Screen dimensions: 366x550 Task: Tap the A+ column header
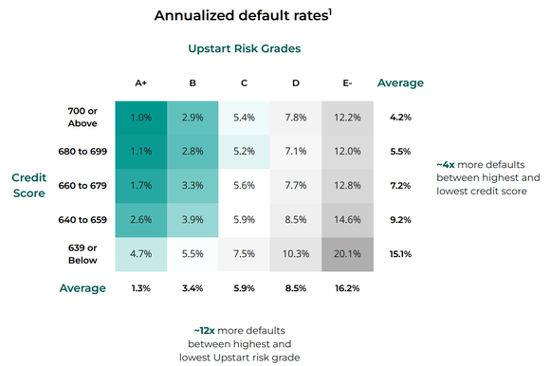pos(140,83)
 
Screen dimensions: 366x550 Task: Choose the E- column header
pos(347,83)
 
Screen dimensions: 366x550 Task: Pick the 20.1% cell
pos(348,254)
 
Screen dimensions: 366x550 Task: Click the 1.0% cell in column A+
pos(141,118)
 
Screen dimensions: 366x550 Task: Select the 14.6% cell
pos(348,220)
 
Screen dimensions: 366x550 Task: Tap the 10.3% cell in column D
pos(296,254)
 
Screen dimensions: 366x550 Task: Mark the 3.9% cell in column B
pos(192,220)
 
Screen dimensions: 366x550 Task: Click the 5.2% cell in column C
pos(245,152)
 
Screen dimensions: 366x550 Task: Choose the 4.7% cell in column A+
pos(141,254)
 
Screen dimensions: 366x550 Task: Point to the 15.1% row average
pos(400,254)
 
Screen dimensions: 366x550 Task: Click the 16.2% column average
pos(348,288)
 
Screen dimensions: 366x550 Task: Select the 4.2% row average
pos(400,118)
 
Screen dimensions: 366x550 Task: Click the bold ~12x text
pos(204,329)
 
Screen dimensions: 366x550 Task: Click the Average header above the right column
pos(400,83)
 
